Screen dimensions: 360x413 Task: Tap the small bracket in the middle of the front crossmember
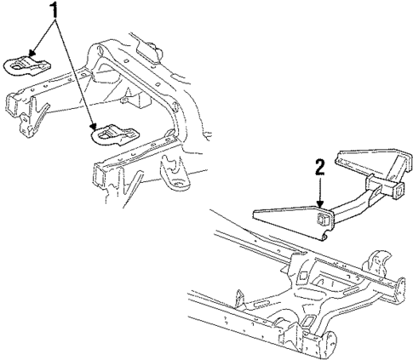point(127,100)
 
